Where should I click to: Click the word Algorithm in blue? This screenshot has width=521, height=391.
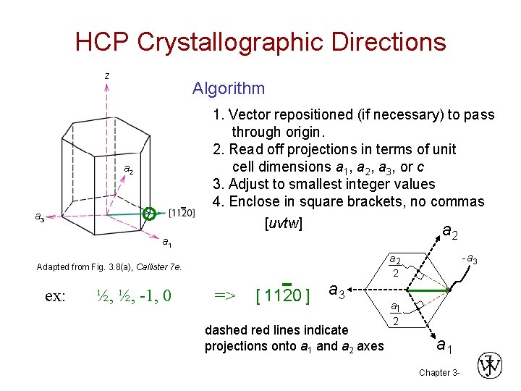click(228, 88)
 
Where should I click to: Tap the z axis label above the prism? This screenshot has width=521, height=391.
click(107, 75)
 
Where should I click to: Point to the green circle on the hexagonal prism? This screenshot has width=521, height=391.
click(149, 213)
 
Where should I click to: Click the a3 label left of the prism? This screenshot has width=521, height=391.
click(40, 216)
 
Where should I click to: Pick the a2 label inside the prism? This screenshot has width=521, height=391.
click(128, 169)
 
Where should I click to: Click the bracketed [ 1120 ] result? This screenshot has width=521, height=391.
click(284, 295)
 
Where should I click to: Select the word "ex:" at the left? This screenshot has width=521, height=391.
click(56, 295)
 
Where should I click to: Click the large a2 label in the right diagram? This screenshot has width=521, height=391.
click(449, 232)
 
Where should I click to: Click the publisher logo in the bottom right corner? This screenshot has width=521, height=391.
click(491, 366)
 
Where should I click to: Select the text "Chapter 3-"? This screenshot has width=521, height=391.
click(439, 372)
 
